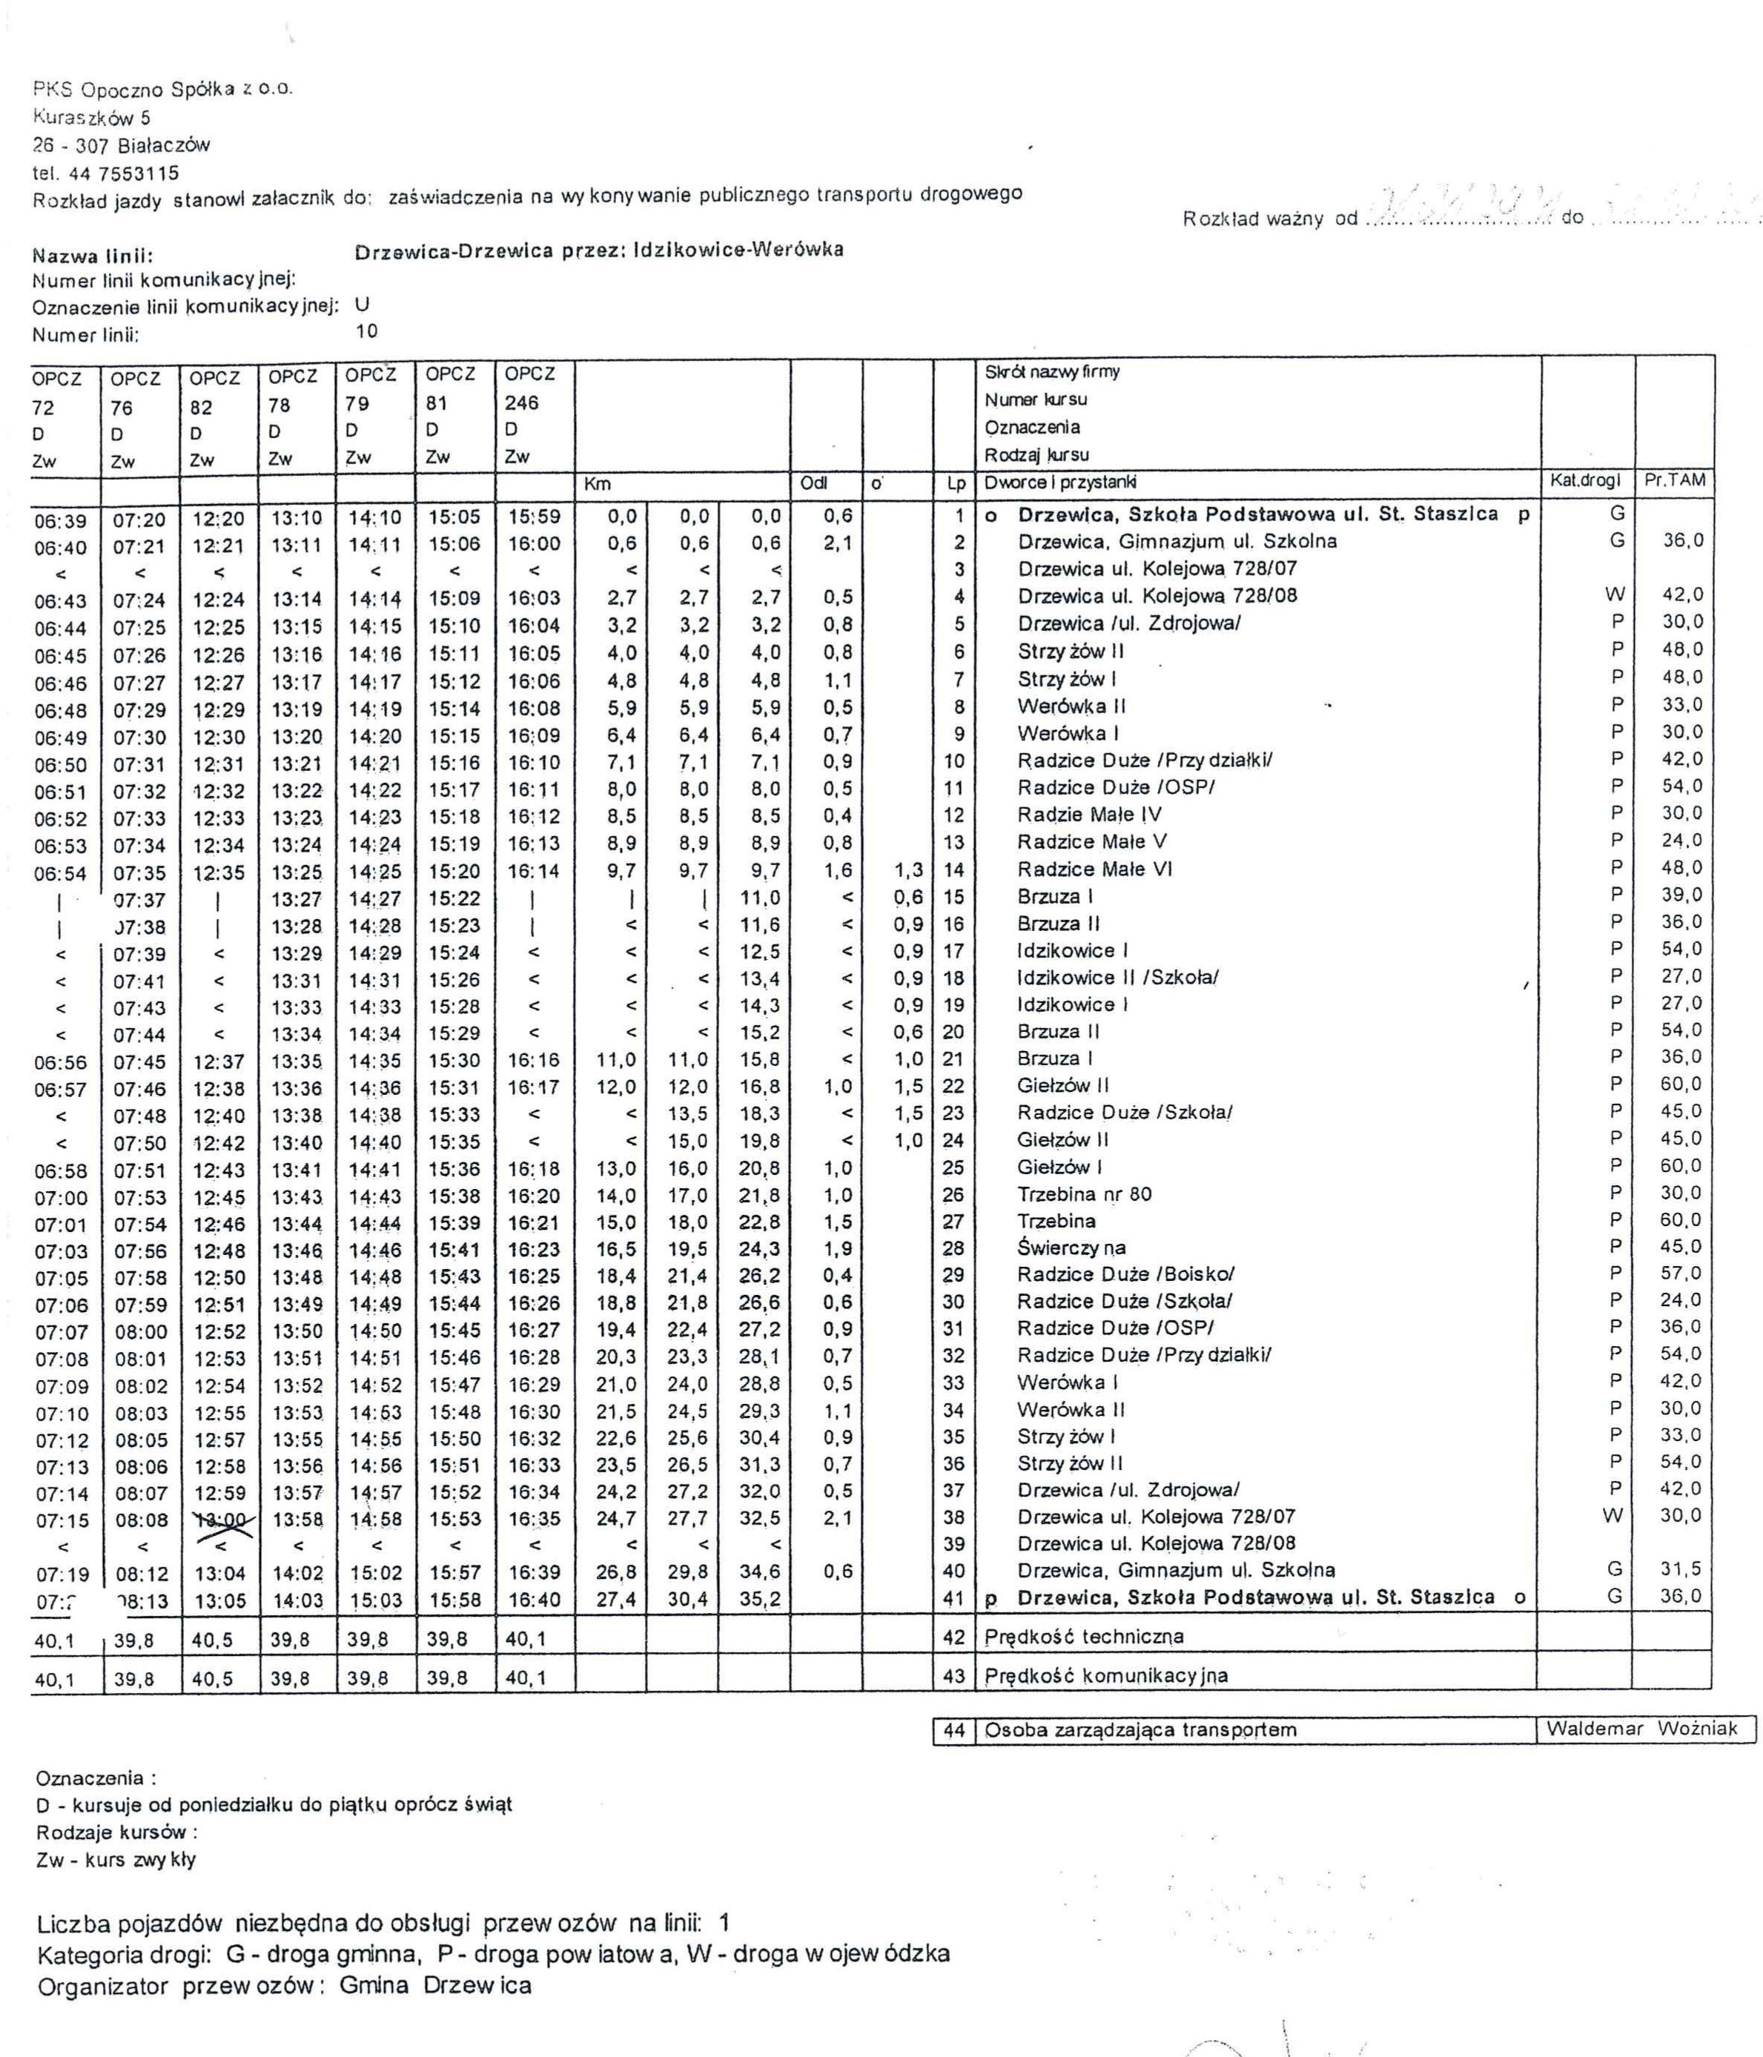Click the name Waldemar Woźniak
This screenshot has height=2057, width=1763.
click(x=1642, y=1729)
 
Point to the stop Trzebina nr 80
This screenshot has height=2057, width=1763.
click(x=1084, y=1194)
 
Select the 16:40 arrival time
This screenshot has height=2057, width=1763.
click(x=534, y=1600)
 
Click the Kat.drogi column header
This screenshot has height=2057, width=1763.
click(x=1585, y=480)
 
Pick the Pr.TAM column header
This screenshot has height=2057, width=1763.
click(x=1675, y=480)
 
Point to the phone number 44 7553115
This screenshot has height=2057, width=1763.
click(x=123, y=173)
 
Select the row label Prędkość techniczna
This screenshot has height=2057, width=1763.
click(x=1084, y=1636)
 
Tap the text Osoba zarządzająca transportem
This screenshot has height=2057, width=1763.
click(x=1140, y=1729)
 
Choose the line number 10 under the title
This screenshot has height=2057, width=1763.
click(x=366, y=331)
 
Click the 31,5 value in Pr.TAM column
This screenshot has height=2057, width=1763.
click(x=1681, y=1569)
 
